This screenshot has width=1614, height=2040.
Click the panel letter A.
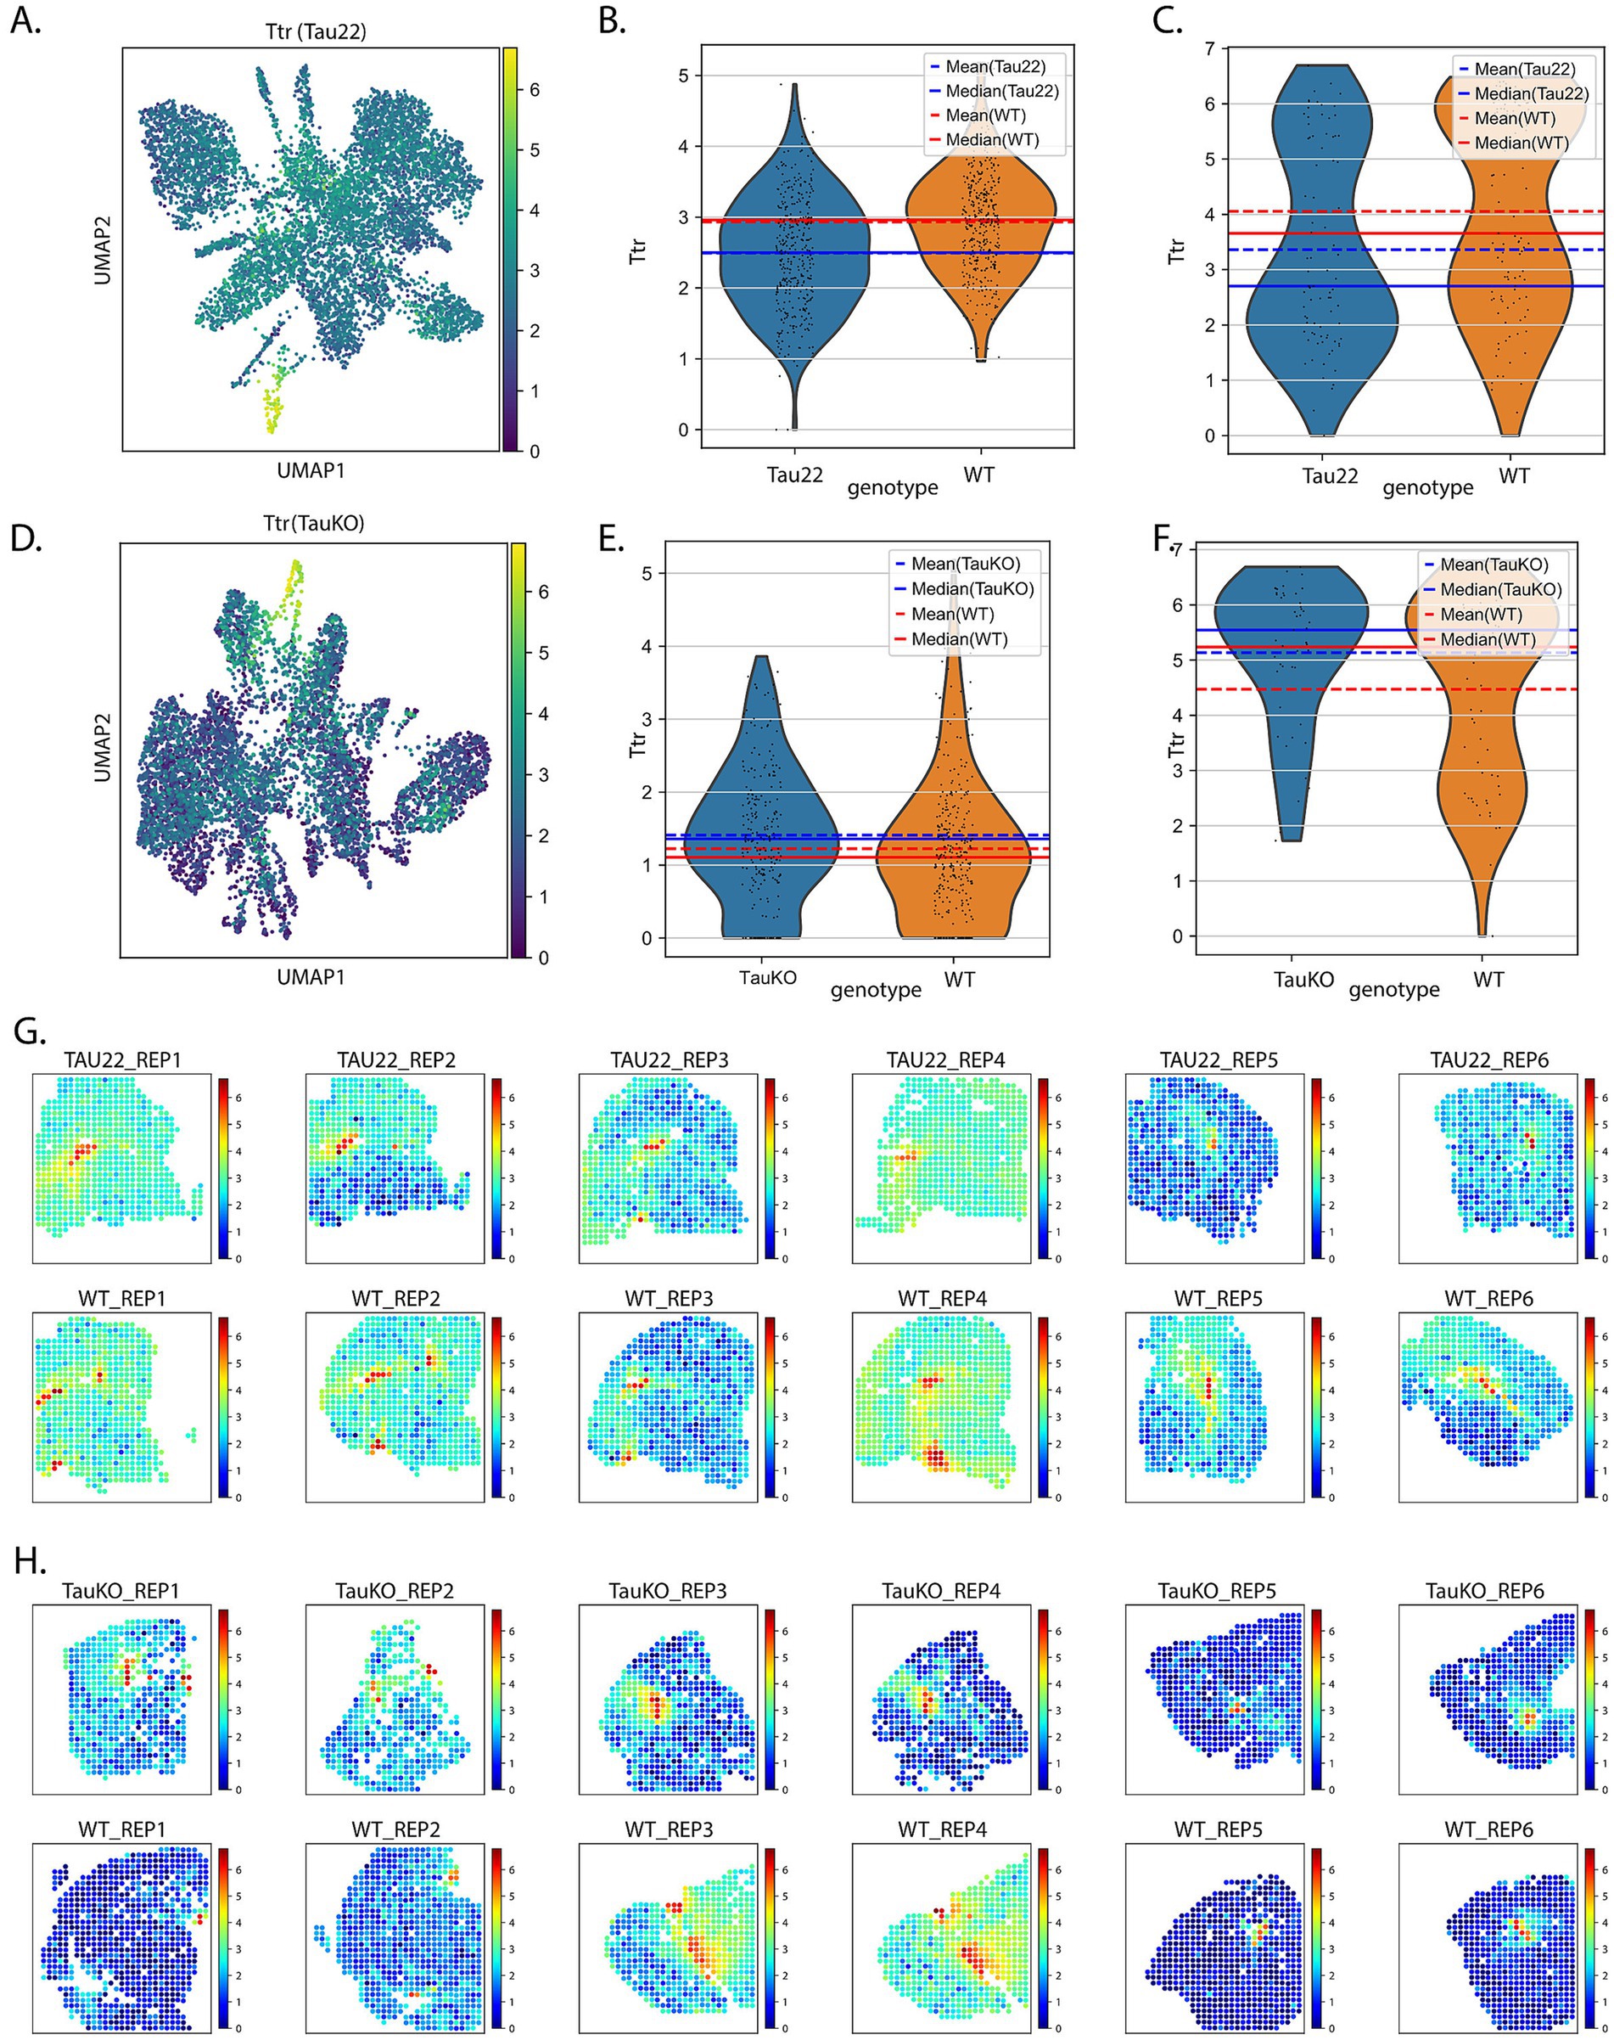[25, 20]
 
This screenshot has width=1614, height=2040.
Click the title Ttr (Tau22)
[315, 31]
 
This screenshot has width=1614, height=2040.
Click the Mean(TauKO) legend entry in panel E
[965, 564]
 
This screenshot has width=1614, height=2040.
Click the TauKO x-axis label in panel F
[1303, 980]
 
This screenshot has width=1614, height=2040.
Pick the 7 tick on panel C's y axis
[1209, 48]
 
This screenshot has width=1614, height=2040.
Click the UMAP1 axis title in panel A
[311, 469]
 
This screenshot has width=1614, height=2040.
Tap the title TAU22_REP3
[669, 1059]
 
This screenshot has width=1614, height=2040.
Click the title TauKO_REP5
[1216, 1591]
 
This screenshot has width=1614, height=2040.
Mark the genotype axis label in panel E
[875, 990]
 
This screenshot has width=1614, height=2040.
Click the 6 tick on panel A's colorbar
[534, 90]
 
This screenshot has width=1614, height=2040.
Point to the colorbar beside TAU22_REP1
[224, 1167]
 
